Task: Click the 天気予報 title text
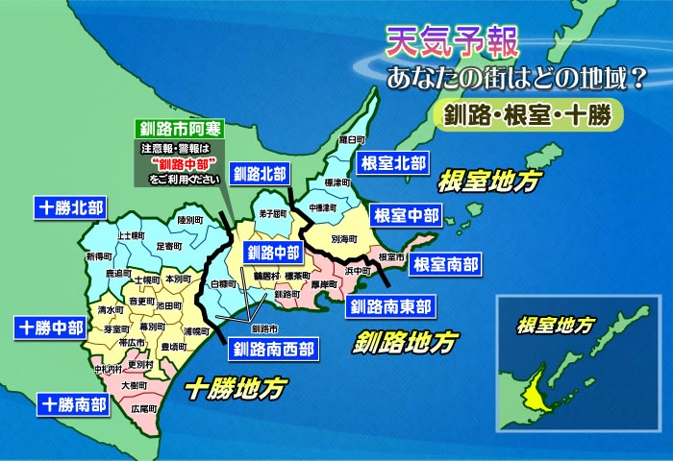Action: point(451,41)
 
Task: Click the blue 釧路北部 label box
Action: point(260,174)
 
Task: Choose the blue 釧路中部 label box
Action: point(274,254)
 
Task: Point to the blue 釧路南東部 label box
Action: point(390,307)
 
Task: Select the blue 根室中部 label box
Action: point(406,215)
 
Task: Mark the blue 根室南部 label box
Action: point(444,264)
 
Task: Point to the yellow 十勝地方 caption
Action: point(235,388)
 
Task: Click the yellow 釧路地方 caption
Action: point(403,340)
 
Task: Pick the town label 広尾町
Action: point(141,408)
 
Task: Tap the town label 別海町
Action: point(342,237)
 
